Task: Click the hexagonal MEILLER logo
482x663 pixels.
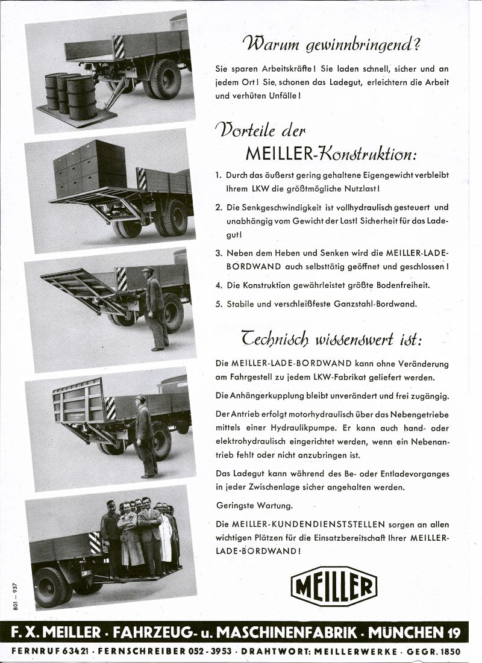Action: [x=334, y=586]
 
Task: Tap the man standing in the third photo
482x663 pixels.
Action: [x=155, y=307]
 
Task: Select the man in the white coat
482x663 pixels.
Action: [x=164, y=536]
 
